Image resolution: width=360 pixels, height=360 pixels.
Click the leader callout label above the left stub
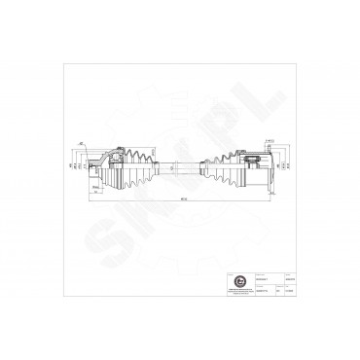78,144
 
